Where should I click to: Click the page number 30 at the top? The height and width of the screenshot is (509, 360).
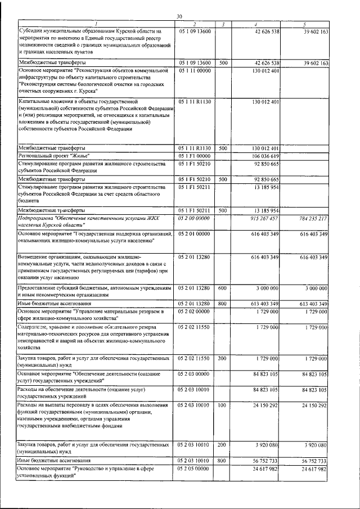tap(180, 16)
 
